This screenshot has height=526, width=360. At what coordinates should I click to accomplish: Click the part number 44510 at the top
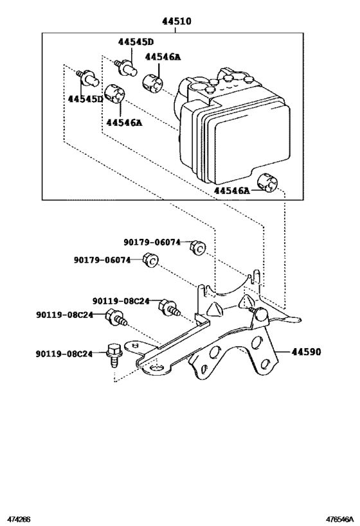tap(176, 21)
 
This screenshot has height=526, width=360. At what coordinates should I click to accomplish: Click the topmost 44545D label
tap(136, 42)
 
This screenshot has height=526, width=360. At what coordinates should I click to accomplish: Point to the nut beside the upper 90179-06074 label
tap(199, 247)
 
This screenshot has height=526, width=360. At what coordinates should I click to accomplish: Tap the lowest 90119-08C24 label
tap(64, 353)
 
